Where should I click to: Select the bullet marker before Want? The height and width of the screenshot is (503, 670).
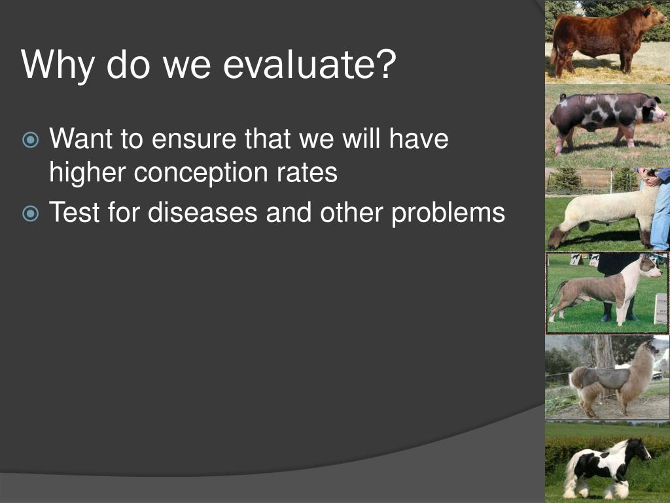(30, 140)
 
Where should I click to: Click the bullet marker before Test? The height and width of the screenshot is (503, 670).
(30, 214)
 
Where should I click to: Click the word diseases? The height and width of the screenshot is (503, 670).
(203, 212)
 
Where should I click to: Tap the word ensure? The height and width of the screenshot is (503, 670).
(194, 140)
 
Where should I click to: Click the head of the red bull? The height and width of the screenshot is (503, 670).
(652, 16)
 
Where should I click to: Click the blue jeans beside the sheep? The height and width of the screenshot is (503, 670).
(660, 214)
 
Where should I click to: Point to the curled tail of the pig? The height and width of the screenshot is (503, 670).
(563, 97)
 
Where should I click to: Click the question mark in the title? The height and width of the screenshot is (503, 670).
(389, 64)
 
